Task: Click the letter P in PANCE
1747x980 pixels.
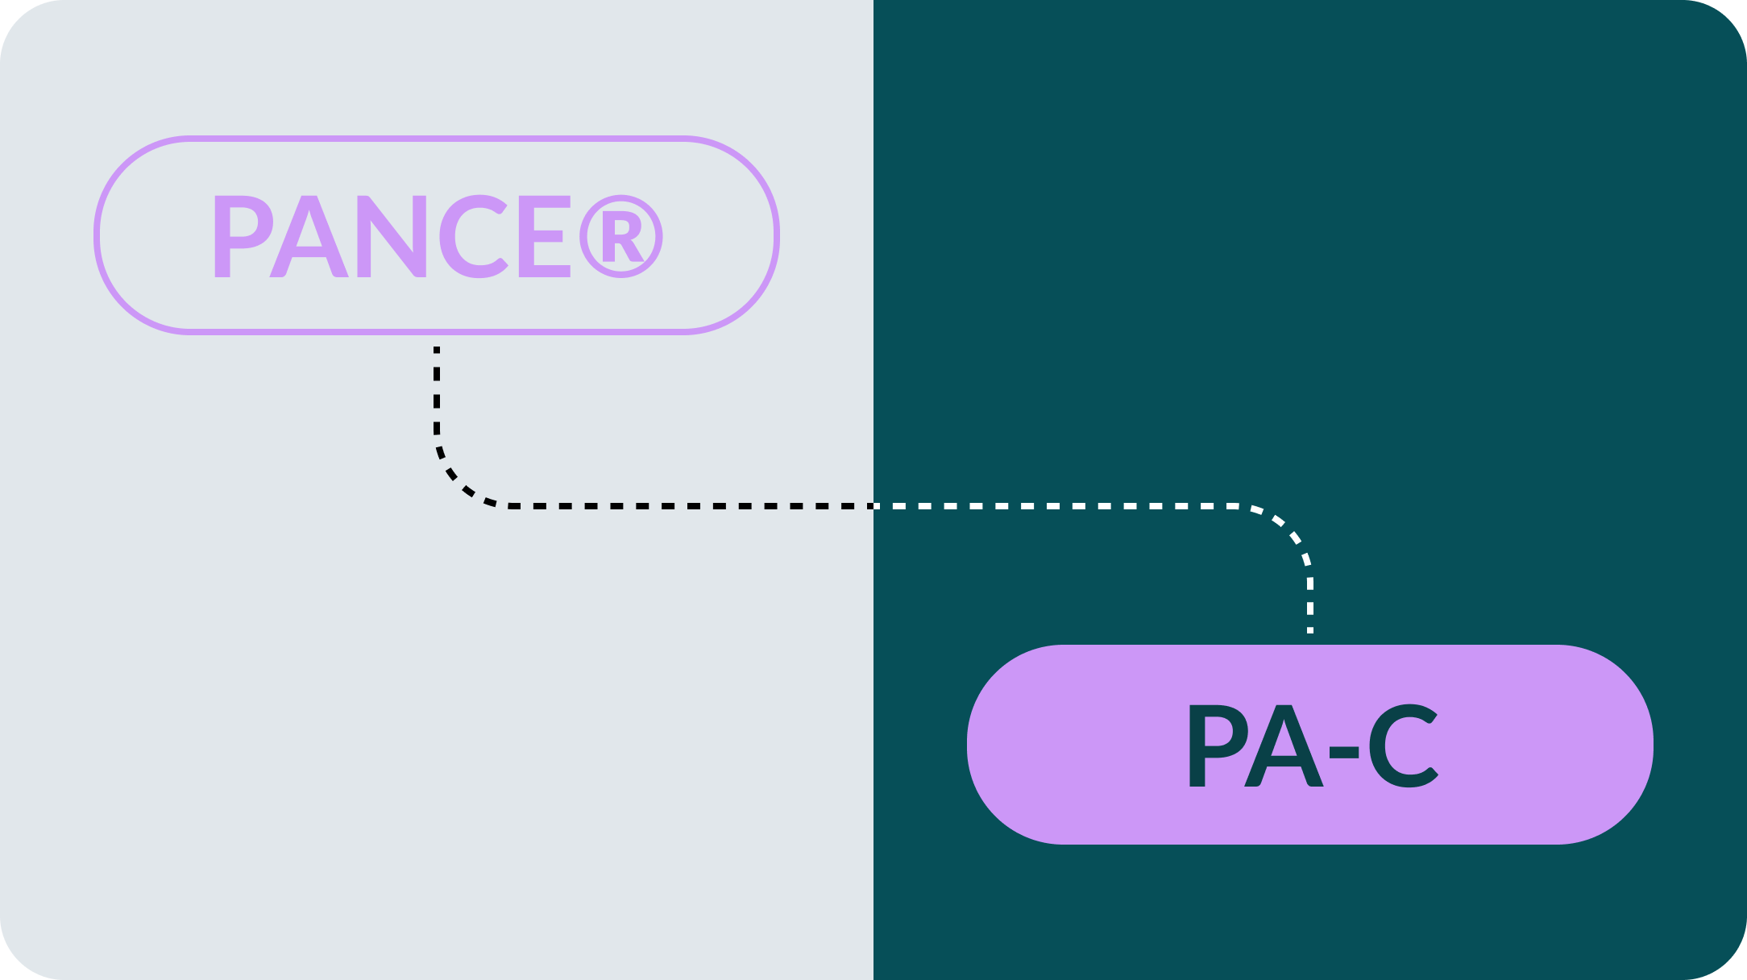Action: pyautogui.click(x=239, y=236)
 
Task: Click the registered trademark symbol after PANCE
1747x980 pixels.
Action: pyautogui.click(x=620, y=237)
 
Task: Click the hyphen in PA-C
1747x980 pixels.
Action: pyautogui.click(x=1344, y=752)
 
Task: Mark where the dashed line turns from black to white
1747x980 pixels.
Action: pyautogui.click(x=873, y=506)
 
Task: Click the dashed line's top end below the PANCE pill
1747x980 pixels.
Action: pyautogui.click(x=437, y=351)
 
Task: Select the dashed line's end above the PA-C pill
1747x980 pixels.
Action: pyautogui.click(x=1310, y=629)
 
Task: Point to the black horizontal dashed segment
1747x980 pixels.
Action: pyautogui.click(x=685, y=506)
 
